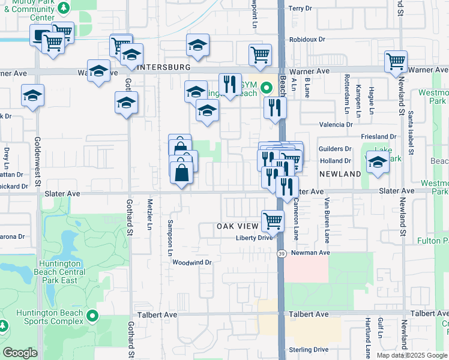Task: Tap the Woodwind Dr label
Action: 192,262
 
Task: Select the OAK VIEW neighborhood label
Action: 238,226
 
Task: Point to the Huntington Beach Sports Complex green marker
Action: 92,315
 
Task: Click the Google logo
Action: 20,353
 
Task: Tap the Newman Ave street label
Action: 310,253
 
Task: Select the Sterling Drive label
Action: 308,349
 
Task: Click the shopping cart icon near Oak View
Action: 273,220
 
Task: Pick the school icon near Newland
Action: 378,163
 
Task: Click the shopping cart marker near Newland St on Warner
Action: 396,61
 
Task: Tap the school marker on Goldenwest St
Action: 32,95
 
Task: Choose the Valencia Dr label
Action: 336,124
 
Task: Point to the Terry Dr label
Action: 301,8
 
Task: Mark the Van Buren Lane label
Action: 327,220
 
